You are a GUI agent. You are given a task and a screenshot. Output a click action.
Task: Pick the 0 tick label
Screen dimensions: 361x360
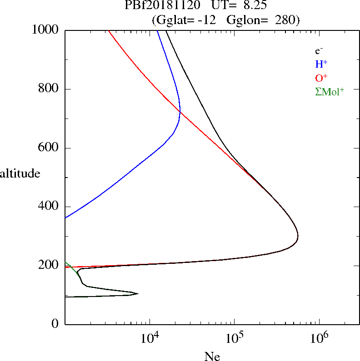tap(55, 324)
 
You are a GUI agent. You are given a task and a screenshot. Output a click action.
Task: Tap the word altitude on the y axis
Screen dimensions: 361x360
tap(20, 173)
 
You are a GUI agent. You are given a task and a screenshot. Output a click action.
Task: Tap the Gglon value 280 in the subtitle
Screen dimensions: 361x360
tap(285, 20)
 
